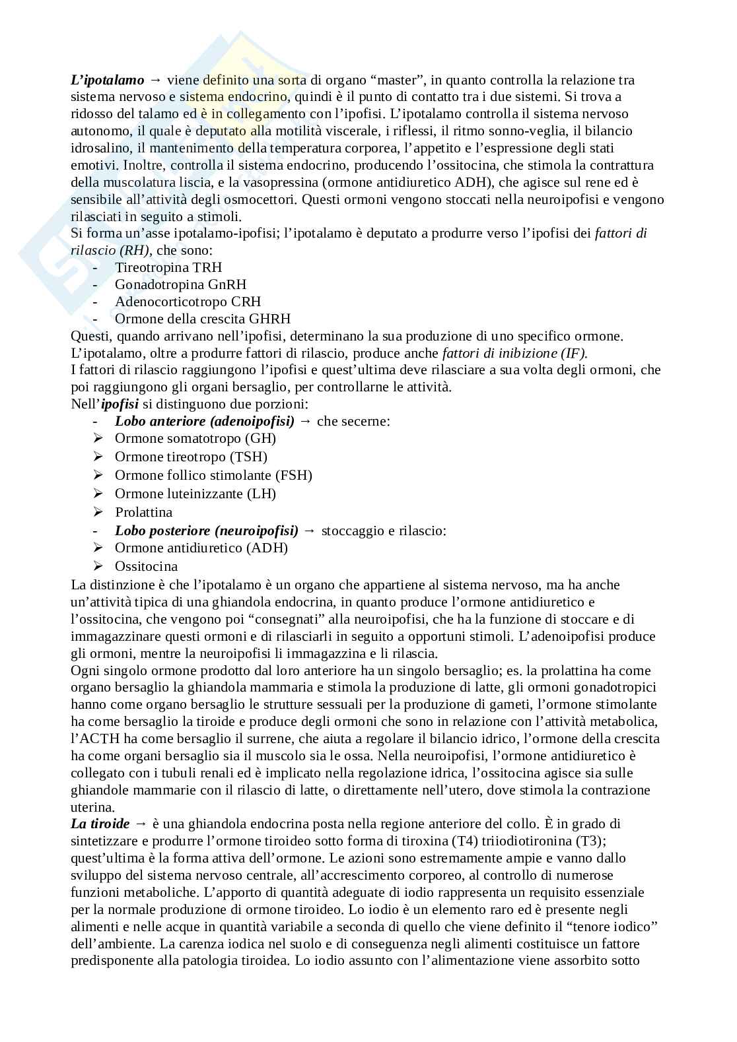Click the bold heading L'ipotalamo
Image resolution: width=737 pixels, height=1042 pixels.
pyautogui.click(x=107, y=81)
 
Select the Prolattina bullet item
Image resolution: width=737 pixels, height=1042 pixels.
pyautogui.click(x=143, y=512)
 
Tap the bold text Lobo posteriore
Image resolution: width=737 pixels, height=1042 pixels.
pyautogui.click(x=162, y=531)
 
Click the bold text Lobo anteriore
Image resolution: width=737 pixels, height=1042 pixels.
pyautogui.click(x=158, y=421)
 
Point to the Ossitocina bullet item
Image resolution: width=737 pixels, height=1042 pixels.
pyautogui.click(x=146, y=566)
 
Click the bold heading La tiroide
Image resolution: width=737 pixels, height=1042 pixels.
pyautogui.click(x=100, y=824)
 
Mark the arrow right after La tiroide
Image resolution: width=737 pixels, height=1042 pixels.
pyautogui.click(x=140, y=824)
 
